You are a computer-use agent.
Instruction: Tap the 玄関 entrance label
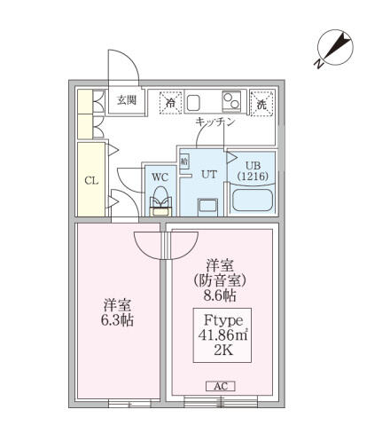pyautogui.click(x=126, y=99)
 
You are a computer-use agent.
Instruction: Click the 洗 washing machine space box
pyautogui.click(x=261, y=103)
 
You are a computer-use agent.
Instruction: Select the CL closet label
pyautogui.click(x=90, y=181)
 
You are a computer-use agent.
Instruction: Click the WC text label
pyautogui.click(x=160, y=176)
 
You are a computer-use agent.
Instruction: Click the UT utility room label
pyautogui.click(x=208, y=174)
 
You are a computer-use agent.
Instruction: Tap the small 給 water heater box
pyautogui.click(x=184, y=162)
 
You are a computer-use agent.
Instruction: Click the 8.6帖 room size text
pyautogui.click(x=218, y=295)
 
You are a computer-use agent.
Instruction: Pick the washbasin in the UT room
pyautogui.click(x=208, y=206)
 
